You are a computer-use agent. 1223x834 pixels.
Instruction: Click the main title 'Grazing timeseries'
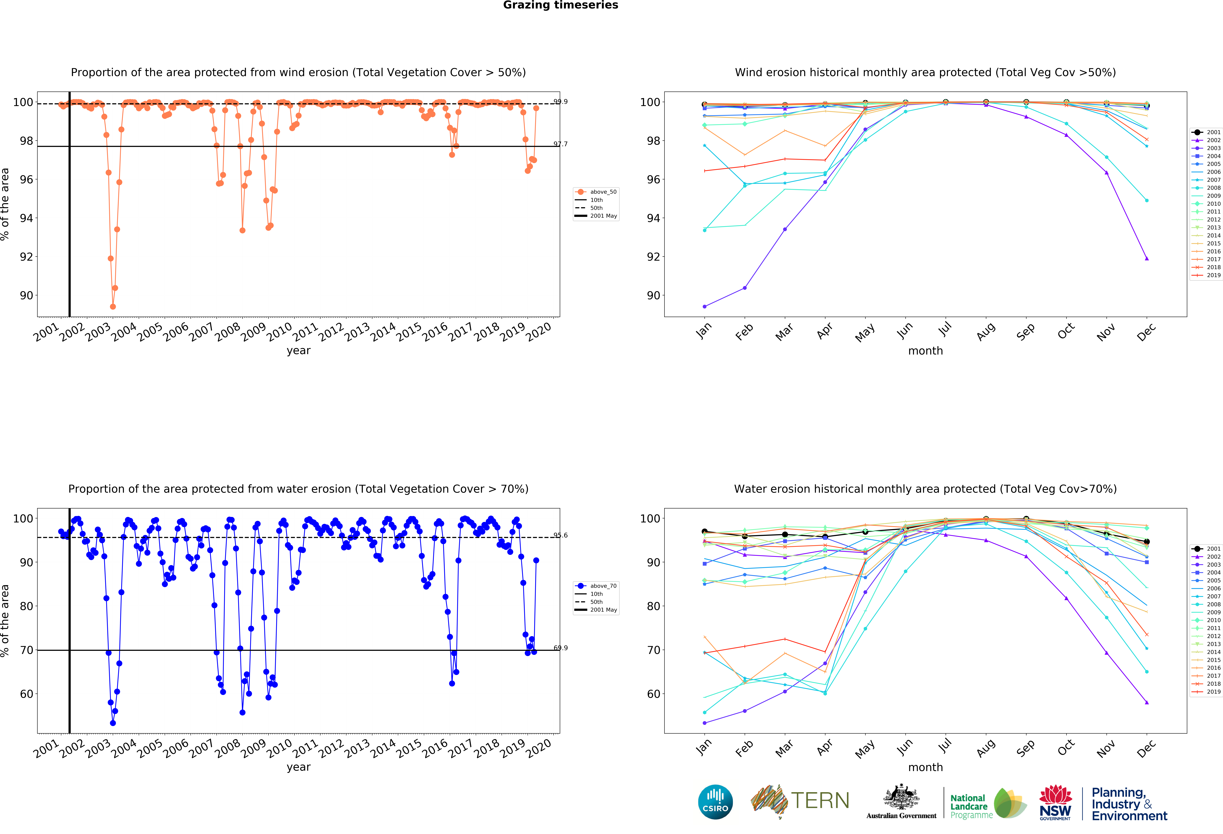(x=560, y=5)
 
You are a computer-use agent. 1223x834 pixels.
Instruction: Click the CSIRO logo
(x=715, y=802)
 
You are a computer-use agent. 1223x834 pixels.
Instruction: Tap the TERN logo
(x=800, y=801)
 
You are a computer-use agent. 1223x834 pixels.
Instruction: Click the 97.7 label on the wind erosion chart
(x=560, y=144)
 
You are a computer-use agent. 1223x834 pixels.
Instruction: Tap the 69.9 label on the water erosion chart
(x=560, y=648)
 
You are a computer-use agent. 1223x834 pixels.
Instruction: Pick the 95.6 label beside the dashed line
(x=560, y=535)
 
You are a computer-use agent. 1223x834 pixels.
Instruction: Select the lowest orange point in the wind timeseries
(x=113, y=306)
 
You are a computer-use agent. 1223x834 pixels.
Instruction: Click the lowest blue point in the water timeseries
(x=113, y=723)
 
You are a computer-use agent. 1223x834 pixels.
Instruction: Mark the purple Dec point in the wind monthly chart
(x=1147, y=259)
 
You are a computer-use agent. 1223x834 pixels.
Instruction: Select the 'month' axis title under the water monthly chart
(x=925, y=767)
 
